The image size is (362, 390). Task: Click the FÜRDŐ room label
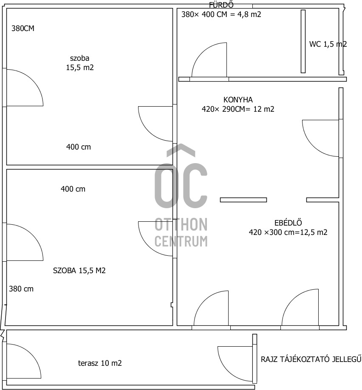(221, 5)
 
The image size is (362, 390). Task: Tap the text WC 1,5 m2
(328, 44)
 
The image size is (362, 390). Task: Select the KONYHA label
(238, 100)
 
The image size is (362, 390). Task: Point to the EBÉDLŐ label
(288, 223)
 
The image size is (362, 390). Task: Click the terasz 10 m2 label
(100, 363)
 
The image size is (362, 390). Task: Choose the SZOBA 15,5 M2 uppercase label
(79, 270)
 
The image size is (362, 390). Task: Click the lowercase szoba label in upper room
(79, 58)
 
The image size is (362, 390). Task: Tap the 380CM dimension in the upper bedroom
(23, 28)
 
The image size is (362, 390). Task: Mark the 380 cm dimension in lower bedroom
(21, 289)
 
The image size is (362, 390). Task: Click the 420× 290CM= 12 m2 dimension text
(238, 109)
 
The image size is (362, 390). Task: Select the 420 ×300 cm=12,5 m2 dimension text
(288, 232)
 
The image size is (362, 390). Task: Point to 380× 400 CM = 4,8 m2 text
(221, 14)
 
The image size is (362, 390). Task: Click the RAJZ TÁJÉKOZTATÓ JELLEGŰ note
(311, 359)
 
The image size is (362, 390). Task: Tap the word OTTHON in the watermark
(181, 224)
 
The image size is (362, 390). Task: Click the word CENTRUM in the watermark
(181, 241)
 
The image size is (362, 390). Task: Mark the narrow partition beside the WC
(303, 41)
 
